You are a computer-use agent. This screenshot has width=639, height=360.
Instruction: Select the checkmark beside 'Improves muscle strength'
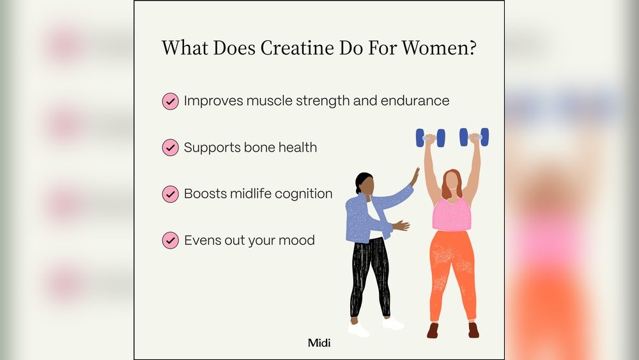170,101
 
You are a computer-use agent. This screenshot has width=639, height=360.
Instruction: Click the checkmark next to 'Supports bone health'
170,148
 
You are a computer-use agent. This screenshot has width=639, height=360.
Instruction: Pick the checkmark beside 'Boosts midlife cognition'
170,194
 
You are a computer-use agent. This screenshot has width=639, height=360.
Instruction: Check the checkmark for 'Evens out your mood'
170,240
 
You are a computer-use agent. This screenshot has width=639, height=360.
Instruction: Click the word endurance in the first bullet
414,101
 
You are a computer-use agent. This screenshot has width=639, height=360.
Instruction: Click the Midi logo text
319,343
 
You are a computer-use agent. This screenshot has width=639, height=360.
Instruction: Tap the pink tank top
451,214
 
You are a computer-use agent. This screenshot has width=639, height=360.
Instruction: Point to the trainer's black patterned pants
369,275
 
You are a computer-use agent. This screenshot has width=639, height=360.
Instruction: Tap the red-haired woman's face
452,182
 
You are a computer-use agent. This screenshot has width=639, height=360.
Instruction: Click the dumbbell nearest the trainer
430,137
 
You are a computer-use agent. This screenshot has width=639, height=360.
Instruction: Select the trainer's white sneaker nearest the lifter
392,323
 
